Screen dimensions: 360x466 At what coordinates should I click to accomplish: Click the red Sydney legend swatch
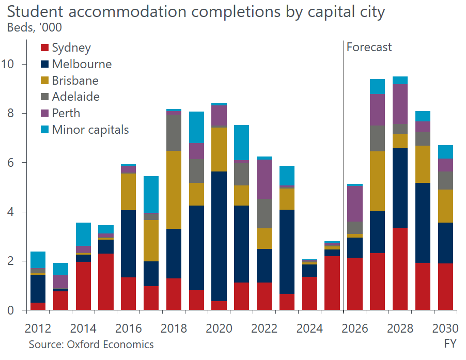pos(45,48)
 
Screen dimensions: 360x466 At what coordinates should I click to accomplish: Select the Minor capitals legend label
pos(90,130)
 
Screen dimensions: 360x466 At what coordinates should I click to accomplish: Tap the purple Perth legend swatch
pos(45,113)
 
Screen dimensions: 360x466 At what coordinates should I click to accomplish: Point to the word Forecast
pos(369,48)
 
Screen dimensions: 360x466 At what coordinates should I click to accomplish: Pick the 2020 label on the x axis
pos(219,328)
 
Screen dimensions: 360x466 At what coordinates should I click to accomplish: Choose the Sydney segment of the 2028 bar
pos(399,269)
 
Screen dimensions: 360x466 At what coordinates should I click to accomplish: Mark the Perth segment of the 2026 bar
pos(354,204)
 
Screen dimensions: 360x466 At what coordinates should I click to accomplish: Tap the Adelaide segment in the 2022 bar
pos(264,213)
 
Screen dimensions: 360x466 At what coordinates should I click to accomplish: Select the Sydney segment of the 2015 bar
pos(106,281)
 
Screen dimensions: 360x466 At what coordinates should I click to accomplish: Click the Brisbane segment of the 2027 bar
pos(377,181)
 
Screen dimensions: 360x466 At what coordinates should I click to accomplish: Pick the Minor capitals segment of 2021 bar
pos(241,142)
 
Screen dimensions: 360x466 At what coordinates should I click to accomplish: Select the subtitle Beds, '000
pos(34,28)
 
